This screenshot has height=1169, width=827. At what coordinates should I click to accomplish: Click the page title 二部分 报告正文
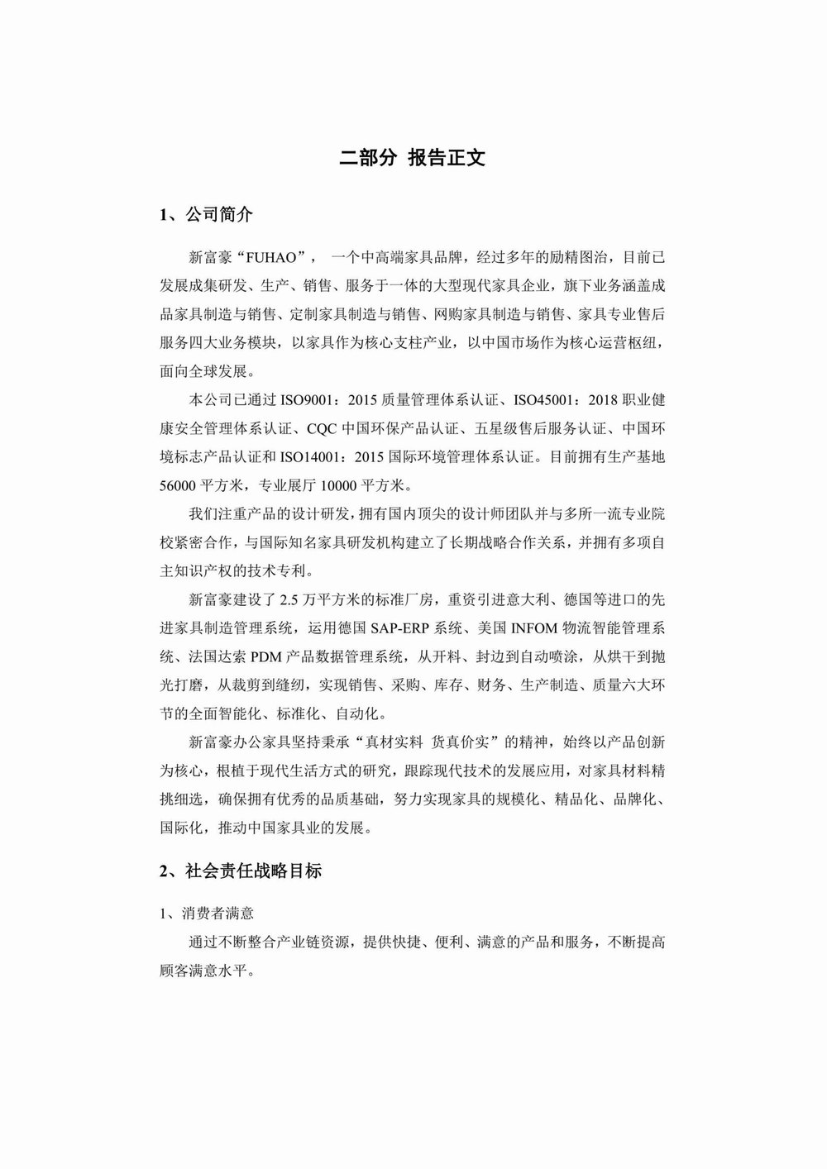point(413,159)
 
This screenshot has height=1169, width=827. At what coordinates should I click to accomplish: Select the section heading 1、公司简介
point(206,216)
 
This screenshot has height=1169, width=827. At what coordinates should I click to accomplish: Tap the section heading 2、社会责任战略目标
point(241,871)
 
